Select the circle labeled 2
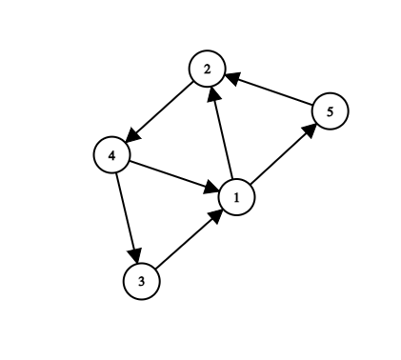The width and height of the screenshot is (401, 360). pyautogui.click(x=206, y=70)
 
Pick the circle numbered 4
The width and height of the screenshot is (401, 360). pyautogui.click(x=111, y=153)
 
